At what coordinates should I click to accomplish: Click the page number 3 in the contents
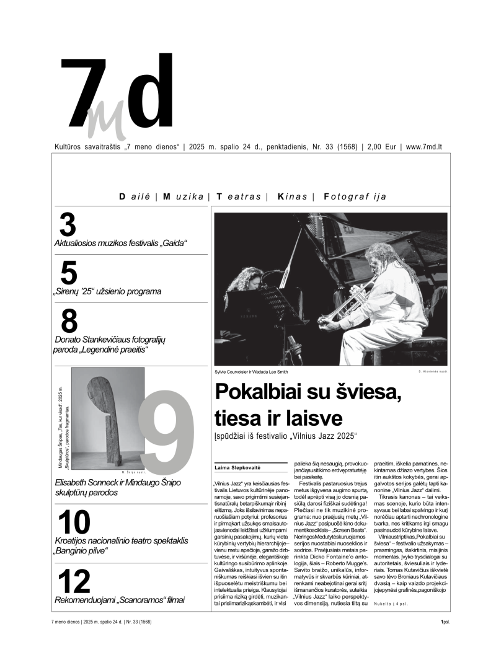[x=68, y=224]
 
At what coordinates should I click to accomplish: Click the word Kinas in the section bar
[x=293, y=196]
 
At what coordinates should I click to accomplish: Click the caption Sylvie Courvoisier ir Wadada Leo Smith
[x=251, y=372]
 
